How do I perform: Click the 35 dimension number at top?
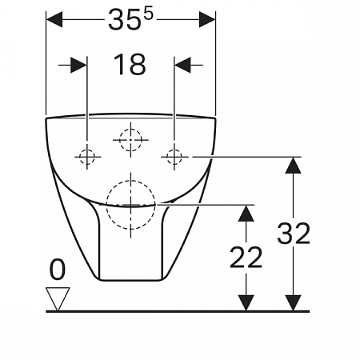tap(124, 20)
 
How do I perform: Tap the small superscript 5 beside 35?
tap(149, 14)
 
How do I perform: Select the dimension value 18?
tap(130, 64)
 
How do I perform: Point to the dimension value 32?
tap(294, 234)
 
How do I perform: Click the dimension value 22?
tap(246, 258)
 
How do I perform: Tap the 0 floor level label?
tap(58, 270)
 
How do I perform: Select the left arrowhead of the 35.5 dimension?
tap(54, 19)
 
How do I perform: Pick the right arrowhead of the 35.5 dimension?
tap(207, 19)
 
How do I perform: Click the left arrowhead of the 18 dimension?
tap(78, 65)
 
